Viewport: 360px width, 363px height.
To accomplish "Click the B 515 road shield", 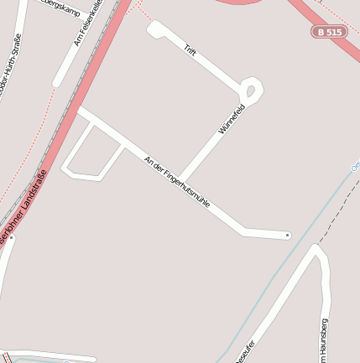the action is (x=330, y=32).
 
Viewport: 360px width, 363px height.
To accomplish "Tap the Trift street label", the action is (x=190, y=50).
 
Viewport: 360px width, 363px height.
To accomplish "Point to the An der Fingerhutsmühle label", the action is (x=176, y=182).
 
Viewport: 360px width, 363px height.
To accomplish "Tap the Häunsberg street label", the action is (x=325, y=339).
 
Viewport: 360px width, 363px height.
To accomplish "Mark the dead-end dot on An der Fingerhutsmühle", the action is (x=287, y=236).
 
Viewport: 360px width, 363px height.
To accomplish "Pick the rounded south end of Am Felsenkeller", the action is (x=57, y=83).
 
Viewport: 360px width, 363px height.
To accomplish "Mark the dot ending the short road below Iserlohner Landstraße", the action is (x=11, y=237).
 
